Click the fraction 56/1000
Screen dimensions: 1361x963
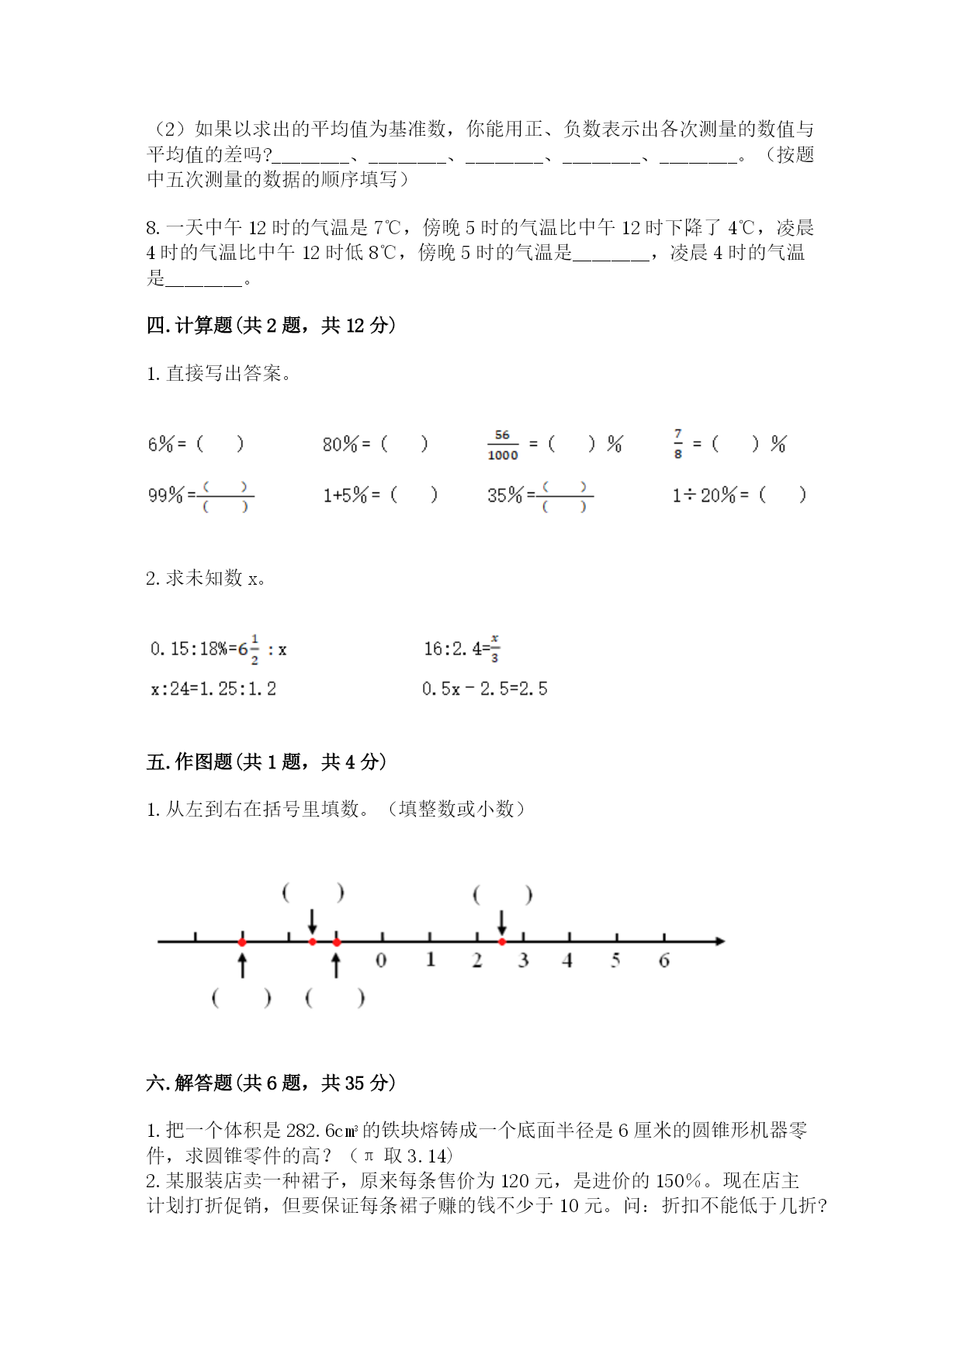click(x=502, y=444)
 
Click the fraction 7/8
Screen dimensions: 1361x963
click(x=678, y=444)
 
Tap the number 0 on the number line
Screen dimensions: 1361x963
click(x=381, y=960)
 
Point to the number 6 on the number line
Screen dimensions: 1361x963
click(x=664, y=960)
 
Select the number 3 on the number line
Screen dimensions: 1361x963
click(x=524, y=960)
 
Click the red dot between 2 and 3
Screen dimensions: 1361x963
click(x=502, y=941)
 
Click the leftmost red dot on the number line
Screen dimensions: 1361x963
click(x=242, y=941)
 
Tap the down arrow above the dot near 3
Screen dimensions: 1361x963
click(x=502, y=922)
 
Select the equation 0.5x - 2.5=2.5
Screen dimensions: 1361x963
click(x=485, y=689)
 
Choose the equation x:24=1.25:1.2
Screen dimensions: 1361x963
click(x=213, y=689)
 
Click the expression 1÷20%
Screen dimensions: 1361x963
click(x=704, y=495)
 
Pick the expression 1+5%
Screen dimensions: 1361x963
click(x=345, y=495)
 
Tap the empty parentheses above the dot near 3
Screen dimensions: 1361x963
click(x=503, y=896)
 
